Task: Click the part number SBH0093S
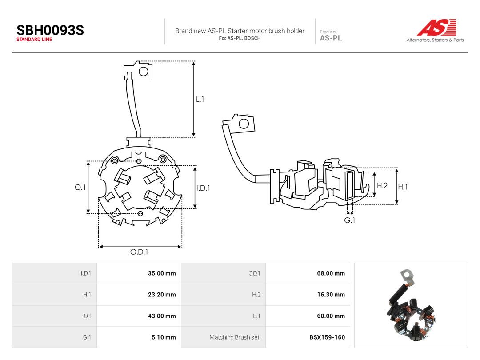[50, 30]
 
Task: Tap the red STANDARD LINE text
[34, 40]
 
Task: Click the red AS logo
[437, 27]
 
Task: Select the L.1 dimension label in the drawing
[200, 99]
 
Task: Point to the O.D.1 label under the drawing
[139, 252]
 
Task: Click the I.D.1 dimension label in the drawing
[204, 188]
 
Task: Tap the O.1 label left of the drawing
[80, 188]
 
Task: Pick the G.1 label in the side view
[350, 220]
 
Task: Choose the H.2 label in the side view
[382, 185]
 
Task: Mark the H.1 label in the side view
[403, 187]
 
